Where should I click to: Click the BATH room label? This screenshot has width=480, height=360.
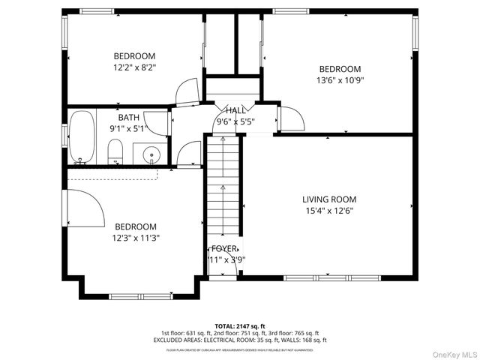pyautogui.click(x=128, y=118)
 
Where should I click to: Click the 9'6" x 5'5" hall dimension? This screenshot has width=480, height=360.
pyautogui.click(x=235, y=121)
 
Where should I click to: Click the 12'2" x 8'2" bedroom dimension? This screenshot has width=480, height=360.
pyautogui.click(x=134, y=67)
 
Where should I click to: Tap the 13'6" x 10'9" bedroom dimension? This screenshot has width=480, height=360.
pyautogui.click(x=340, y=79)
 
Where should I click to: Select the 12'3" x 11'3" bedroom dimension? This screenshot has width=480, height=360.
pyautogui.click(x=136, y=238)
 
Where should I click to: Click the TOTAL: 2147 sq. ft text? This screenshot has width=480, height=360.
pyautogui.click(x=239, y=325)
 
